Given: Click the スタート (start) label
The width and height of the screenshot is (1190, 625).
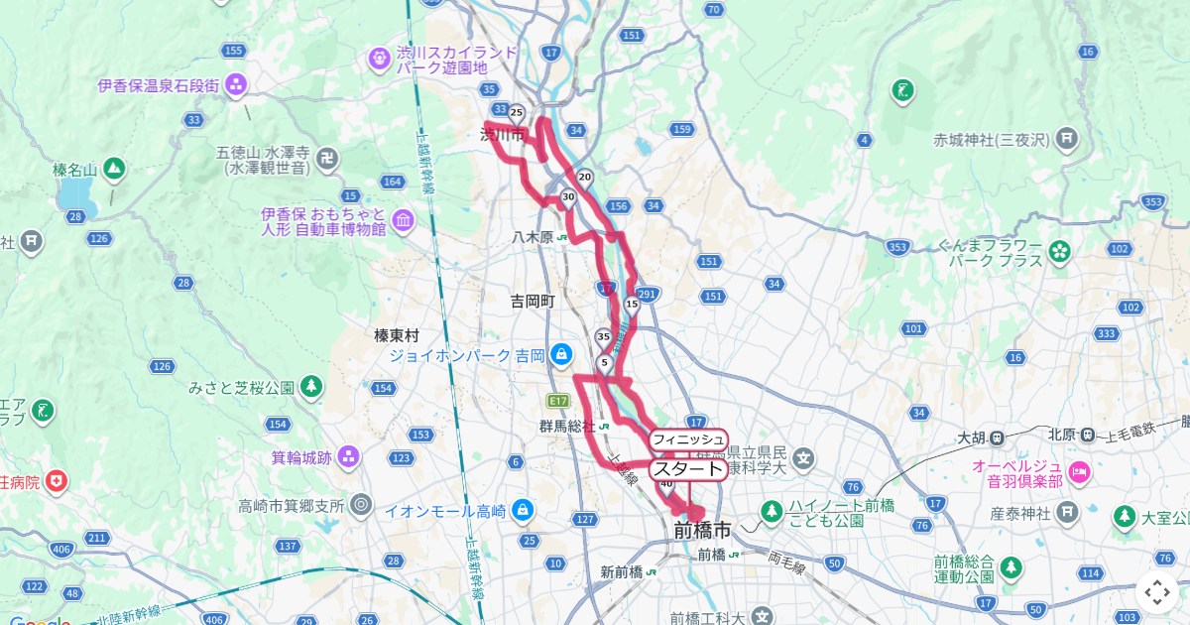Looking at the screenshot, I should click(x=687, y=468).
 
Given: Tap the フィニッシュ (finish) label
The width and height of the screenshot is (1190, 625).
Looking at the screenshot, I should click(x=689, y=438).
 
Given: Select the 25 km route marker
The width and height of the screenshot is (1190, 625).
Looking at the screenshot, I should click(x=516, y=112).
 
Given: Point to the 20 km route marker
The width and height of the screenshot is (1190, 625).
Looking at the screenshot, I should click(x=585, y=178).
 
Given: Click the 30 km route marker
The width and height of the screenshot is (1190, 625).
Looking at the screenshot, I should click(x=568, y=197).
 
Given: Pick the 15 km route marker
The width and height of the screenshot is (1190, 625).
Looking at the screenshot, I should click(x=632, y=304).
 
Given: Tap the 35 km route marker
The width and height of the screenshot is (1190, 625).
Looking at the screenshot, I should click(x=604, y=337).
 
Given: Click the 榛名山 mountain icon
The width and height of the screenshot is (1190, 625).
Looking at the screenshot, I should click(x=113, y=170).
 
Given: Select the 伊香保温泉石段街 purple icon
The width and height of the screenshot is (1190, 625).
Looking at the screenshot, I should click(x=235, y=85).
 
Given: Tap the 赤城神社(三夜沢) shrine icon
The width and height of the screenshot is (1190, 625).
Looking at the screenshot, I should click(x=1067, y=138).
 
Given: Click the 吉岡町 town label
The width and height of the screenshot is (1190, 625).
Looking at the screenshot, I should click(x=533, y=300).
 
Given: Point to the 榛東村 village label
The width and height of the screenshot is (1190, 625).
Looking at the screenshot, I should click(x=397, y=335).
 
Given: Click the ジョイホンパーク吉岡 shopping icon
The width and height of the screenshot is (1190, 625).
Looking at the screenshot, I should click(x=561, y=354).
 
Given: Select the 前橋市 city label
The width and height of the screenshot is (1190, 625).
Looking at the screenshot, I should click(x=701, y=531).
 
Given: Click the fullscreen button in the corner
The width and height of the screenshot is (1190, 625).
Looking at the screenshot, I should click(x=1157, y=592).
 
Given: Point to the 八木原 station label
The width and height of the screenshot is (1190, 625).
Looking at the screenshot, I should click(x=533, y=237).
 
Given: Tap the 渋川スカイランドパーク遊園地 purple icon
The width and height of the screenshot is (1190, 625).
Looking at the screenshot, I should click(x=380, y=60).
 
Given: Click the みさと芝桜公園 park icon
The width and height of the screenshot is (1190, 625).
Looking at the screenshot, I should click(x=311, y=386).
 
